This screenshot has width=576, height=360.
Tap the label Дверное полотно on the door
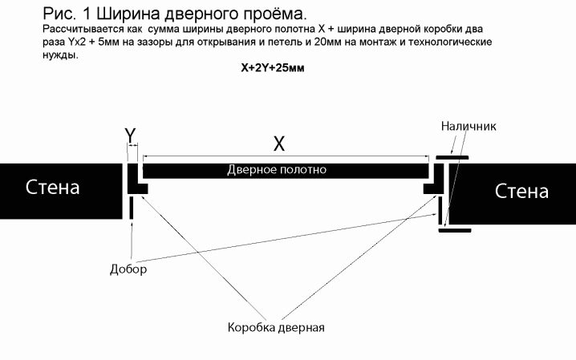point(277,170)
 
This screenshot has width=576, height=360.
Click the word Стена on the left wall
point(53,188)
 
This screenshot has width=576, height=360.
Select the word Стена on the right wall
point(521,192)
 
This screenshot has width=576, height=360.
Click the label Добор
point(128,269)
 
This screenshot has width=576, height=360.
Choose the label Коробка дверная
point(275,328)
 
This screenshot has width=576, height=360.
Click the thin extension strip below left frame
point(130,208)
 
